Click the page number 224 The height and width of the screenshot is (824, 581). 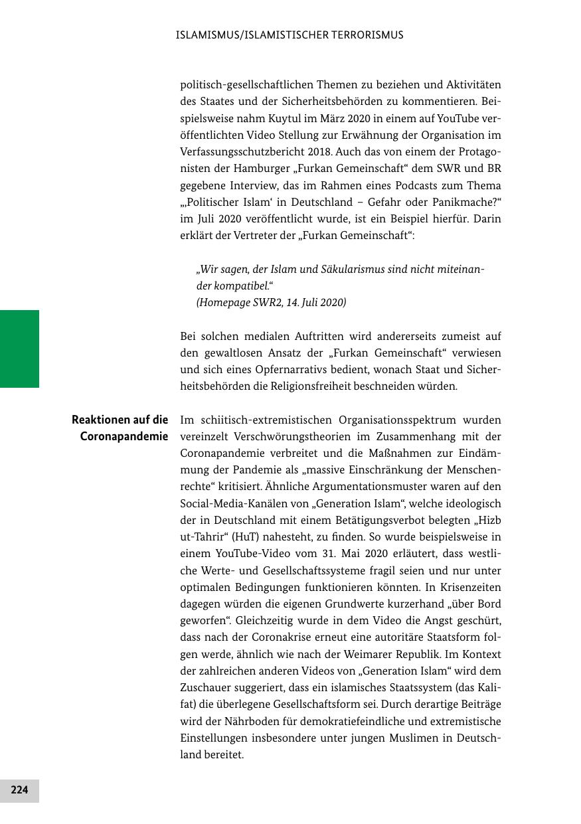click(x=19, y=790)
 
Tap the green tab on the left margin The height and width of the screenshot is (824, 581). click(x=19, y=349)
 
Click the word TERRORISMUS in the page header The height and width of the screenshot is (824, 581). click(x=367, y=35)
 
